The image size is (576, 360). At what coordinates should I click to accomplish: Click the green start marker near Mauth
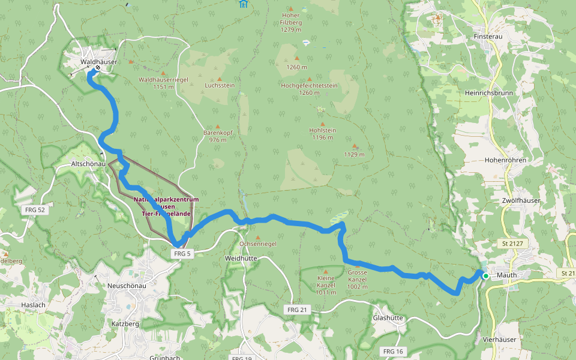485,276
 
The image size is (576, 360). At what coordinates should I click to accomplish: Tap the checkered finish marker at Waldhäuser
97,68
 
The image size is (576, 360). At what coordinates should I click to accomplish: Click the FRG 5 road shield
182,254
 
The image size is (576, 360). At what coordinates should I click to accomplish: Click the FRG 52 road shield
35,210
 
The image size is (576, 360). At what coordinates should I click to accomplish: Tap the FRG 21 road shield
296,309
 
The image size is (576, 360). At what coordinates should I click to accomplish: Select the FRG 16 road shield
392,351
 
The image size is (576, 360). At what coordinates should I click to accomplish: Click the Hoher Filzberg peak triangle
291,9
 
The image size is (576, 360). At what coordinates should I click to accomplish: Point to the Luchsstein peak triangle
219,79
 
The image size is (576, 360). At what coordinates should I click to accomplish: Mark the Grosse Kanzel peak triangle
357,265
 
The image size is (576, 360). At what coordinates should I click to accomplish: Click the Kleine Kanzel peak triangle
326,271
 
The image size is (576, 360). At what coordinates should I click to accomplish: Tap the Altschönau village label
89,163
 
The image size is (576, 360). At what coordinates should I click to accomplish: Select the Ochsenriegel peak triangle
257,237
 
